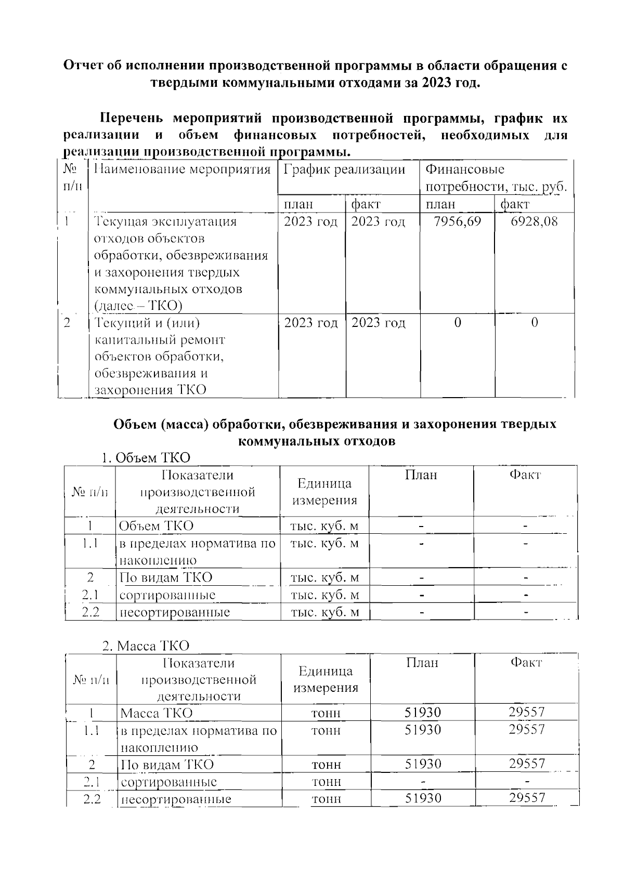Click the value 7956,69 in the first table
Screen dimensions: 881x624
pos(457,222)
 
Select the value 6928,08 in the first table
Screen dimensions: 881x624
pos(534,222)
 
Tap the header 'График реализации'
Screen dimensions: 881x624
pos(344,169)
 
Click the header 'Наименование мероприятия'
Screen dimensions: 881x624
pos(183,169)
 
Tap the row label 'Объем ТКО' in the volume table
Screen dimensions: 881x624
pos(156,526)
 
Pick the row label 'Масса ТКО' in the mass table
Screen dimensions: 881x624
pos(156,713)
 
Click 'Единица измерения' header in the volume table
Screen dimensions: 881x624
pos(324,492)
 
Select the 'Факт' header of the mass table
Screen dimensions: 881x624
pos(526,663)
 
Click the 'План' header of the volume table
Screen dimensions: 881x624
pos(421,475)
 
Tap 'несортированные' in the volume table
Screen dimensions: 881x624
pos(175,612)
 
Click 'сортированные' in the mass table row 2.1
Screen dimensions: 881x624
pos(168,782)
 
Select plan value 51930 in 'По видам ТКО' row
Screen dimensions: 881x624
pos(423,764)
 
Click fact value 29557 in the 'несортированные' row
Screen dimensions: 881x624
pos(527,798)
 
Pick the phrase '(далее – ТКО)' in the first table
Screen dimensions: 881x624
pos(138,306)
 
